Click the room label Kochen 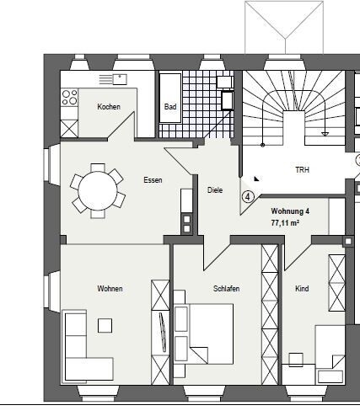[x=109, y=107]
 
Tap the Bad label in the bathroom [x=170, y=107]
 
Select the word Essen [x=153, y=180]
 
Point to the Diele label [x=215, y=190]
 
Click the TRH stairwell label [x=303, y=170]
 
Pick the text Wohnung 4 [x=290, y=211]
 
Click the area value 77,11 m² [x=285, y=223]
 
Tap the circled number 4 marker [x=248, y=197]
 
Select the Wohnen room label [x=110, y=289]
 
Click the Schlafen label [x=226, y=289]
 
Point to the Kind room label [x=302, y=289]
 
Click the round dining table [x=98, y=190]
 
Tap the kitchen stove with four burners [x=70, y=97]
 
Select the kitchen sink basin [x=120, y=79]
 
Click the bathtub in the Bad [x=170, y=99]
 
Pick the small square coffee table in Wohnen [x=105, y=326]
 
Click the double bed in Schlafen [x=204, y=334]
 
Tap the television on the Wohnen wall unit [x=162, y=332]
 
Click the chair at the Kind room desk [x=296, y=360]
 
